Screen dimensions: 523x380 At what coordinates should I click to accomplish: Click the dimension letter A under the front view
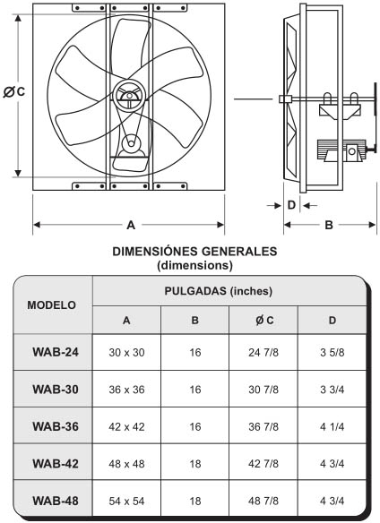click(x=131, y=224)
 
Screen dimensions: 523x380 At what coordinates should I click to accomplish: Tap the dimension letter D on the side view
click(x=290, y=204)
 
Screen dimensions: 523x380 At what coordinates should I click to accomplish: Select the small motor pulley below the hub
click(x=132, y=143)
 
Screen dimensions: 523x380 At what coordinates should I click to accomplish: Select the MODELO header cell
click(x=51, y=304)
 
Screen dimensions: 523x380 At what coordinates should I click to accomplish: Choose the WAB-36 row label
click(x=51, y=426)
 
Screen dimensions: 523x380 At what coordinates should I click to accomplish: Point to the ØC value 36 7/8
click(x=264, y=426)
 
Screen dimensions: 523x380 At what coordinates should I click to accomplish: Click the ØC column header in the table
click(x=264, y=321)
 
